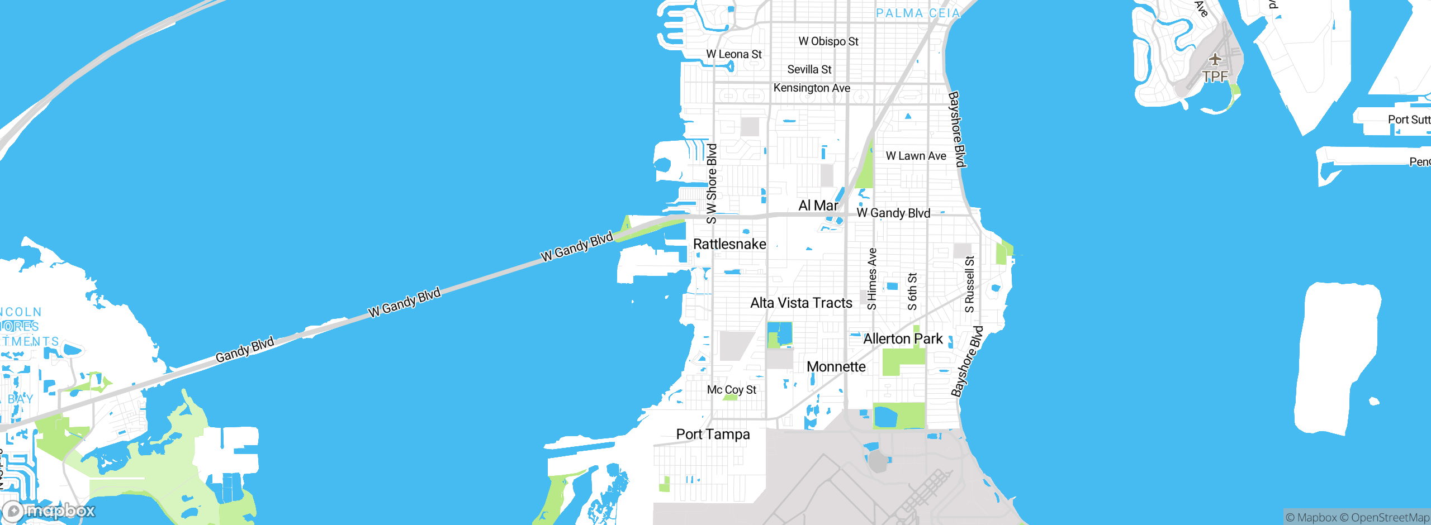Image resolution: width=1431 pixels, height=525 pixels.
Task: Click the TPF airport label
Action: pyautogui.click(x=1215, y=77)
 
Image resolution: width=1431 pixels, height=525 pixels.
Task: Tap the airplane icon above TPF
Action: pyautogui.click(x=1215, y=59)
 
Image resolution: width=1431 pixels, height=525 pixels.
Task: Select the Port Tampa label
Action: pyautogui.click(x=713, y=435)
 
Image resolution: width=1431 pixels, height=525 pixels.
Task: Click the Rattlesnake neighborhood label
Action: pyautogui.click(x=729, y=244)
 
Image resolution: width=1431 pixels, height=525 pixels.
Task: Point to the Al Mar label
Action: pyautogui.click(x=818, y=206)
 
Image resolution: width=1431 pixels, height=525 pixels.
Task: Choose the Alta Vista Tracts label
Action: pyautogui.click(x=801, y=303)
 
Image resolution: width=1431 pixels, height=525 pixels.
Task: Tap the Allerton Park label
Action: pyautogui.click(x=903, y=339)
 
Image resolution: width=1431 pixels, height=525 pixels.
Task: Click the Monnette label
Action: pyautogui.click(x=836, y=367)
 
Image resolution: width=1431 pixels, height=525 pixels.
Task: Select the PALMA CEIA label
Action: pyautogui.click(x=917, y=13)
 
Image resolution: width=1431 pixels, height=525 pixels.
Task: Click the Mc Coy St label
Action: pyautogui.click(x=731, y=390)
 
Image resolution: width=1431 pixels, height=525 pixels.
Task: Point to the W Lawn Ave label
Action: pyautogui.click(x=916, y=156)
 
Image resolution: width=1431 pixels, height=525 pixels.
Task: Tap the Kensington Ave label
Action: pyautogui.click(x=812, y=88)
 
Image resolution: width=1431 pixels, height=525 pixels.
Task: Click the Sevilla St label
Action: pyautogui.click(x=809, y=70)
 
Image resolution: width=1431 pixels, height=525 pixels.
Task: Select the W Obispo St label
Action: pyautogui.click(x=828, y=41)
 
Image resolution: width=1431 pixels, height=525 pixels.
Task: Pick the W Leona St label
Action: pyautogui.click(x=733, y=54)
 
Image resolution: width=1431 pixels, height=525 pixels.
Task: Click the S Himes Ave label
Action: pyautogui.click(x=872, y=279)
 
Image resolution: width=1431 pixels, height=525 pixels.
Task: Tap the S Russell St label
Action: pyautogui.click(x=970, y=284)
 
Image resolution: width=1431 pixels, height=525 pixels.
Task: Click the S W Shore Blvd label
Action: pyautogui.click(x=712, y=184)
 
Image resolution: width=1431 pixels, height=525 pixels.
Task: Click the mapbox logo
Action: pyautogui.click(x=49, y=510)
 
